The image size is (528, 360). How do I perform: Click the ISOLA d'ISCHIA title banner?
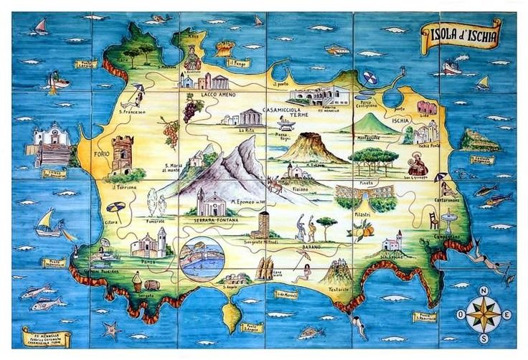click(460, 34)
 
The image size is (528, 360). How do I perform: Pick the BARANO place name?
click(311, 246)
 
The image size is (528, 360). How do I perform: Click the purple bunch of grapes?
click(192, 110)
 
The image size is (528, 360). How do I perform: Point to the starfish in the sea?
click(110, 330)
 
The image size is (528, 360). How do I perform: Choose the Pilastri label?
click(361, 214)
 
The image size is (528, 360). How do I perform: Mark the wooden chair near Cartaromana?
click(433, 219)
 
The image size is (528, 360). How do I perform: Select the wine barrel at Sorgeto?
click(151, 285)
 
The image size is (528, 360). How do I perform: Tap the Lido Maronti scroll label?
click(286, 293)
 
